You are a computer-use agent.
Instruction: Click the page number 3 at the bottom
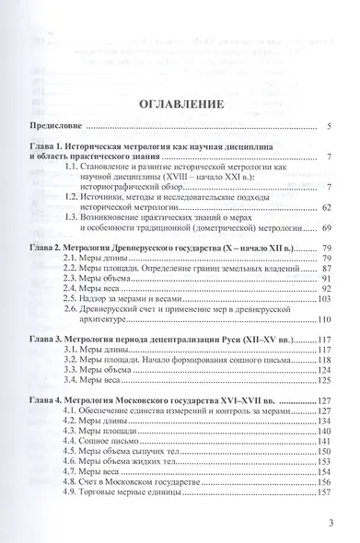330,525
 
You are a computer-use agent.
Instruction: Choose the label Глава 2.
49,248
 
